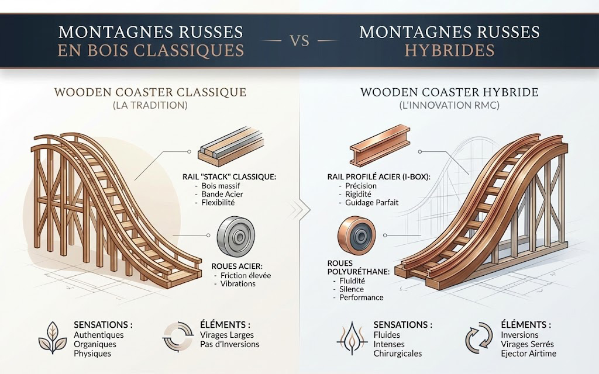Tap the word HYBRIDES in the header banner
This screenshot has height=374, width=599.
[450, 50]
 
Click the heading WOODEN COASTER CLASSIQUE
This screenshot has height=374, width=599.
[150, 92]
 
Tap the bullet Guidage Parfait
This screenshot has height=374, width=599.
[370, 202]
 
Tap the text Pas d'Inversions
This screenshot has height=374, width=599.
[214, 344]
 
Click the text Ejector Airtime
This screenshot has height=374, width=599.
[529, 354]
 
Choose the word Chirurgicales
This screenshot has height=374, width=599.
[397, 354]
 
